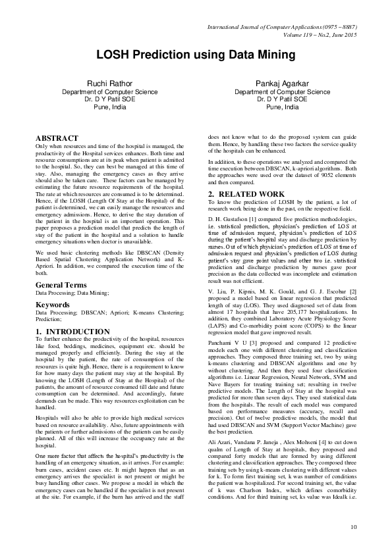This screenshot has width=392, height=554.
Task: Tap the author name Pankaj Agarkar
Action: [283, 83]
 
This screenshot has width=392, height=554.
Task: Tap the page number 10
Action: [354, 526]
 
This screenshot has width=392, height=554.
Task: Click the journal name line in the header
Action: [282, 27]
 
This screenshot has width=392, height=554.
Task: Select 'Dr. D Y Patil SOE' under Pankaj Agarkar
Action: [283, 99]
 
